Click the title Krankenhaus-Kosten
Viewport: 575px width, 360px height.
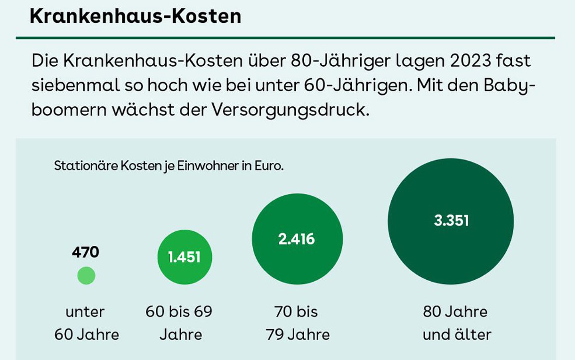[135, 16]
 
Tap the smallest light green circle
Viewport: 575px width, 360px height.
[86, 276]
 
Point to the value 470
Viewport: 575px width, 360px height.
[85, 252]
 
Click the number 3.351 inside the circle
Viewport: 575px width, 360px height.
[451, 221]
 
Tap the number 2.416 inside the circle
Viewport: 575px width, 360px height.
[297, 239]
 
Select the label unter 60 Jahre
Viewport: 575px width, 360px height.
[86, 323]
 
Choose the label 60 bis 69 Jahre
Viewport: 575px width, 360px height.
[179, 323]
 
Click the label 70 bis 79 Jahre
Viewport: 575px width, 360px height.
[297, 323]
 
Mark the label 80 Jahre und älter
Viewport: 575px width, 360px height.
[456, 323]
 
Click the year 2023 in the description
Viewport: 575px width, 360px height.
[471, 61]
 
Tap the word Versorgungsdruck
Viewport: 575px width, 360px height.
[290, 109]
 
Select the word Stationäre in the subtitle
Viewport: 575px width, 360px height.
[86, 165]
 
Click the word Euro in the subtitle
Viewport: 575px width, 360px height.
[269, 165]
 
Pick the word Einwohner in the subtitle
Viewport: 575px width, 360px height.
[208, 165]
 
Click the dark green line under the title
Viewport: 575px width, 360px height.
[286, 38]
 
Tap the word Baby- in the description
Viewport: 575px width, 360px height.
[509, 85]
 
